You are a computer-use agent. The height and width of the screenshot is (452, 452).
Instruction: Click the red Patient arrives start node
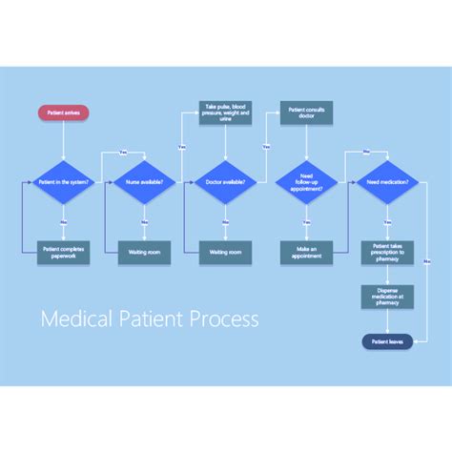pyautogui.click(x=63, y=113)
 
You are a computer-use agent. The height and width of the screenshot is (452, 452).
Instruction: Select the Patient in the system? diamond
pyautogui.click(x=63, y=181)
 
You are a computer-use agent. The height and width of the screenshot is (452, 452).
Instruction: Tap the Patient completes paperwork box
pyautogui.click(x=63, y=252)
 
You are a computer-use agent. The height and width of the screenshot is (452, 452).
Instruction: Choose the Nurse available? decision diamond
pyautogui.click(x=144, y=181)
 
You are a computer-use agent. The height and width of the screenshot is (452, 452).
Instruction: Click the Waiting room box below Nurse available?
pyautogui.click(x=144, y=253)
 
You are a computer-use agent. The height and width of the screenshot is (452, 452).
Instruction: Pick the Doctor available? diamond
pyautogui.click(x=225, y=181)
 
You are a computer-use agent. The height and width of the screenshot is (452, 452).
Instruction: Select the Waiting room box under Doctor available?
pyautogui.click(x=225, y=253)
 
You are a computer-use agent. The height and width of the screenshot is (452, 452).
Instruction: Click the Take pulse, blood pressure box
pyautogui.click(x=225, y=113)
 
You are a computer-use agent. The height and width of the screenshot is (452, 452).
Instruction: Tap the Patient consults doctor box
pyautogui.click(x=306, y=113)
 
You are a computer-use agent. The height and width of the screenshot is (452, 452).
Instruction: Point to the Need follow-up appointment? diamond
pyautogui.click(x=306, y=181)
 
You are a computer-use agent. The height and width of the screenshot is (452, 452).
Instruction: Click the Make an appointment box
pyautogui.click(x=306, y=252)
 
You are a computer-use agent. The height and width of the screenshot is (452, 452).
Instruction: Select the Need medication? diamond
pyautogui.click(x=387, y=181)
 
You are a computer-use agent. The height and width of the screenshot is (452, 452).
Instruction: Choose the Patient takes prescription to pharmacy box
pyautogui.click(x=387, y=252)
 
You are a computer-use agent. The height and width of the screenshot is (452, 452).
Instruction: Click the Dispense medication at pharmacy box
pyautogui.click(x=387, y=297)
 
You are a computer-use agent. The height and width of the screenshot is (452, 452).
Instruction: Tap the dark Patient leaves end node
pyautogui.click(x=387, y=341)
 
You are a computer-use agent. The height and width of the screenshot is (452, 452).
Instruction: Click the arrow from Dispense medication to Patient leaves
pyautogui.click(x=387, y=321)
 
